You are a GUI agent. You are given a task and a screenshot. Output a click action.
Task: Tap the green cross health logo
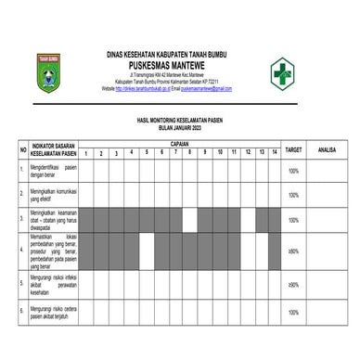(x=286, y=72)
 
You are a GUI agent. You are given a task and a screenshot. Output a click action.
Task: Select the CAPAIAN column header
(x=180, y=145)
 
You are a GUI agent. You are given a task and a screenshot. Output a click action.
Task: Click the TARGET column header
(x=293, y=148)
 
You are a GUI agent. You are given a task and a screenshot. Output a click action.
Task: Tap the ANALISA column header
(x=326, y=148)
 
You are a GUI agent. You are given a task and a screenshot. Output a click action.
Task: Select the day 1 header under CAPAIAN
(x=85, y=152)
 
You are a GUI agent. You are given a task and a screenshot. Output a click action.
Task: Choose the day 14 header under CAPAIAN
(x=276, y=152)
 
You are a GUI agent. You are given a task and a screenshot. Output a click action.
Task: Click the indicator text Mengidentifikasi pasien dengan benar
(x=52, y=171)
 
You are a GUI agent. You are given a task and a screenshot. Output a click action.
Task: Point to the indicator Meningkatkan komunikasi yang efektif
(x=52, y=195)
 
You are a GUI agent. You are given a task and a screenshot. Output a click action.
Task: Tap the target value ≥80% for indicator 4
(x=293, y=251)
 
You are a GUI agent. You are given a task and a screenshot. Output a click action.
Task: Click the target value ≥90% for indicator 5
(x=293, y=284)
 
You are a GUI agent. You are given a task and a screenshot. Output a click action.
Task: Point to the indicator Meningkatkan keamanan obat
(x=52, y=220)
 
